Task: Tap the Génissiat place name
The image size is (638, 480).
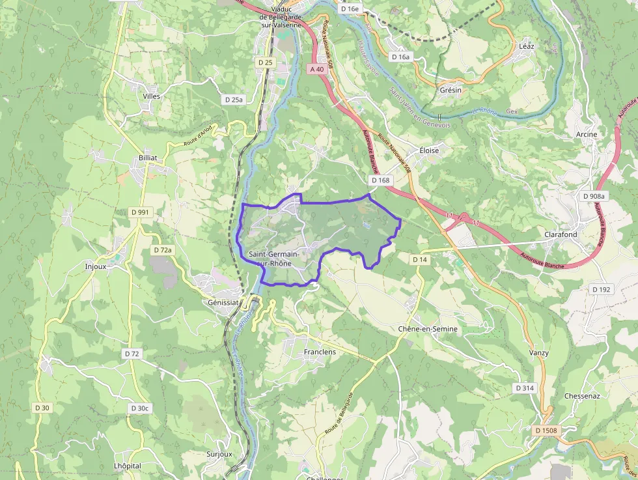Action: coord(223,303)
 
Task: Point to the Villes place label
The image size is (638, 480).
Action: coord(151,96)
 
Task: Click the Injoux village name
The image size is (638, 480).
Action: coord(95,266)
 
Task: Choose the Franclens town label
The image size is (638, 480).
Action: coord(320,352)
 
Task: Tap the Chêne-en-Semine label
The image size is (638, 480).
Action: coord(428,329)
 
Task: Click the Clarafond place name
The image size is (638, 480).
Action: coord(561,234)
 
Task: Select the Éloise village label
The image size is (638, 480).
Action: coord(429,150)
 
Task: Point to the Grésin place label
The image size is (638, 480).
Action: coord(451,90)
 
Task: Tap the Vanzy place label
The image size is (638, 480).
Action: coord(538,353)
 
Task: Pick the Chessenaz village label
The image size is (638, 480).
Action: coord(582,396)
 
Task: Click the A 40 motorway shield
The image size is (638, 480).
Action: coord(317,69)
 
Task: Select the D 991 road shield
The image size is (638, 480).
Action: coord(139,212)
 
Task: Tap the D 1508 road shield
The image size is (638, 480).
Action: coord(546,431)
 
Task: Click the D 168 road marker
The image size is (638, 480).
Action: coord(380,180)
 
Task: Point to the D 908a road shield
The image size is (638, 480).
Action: coord(594,196)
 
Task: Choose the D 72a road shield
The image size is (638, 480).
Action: coord(163,250)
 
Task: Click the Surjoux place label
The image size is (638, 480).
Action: coord(219,454)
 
